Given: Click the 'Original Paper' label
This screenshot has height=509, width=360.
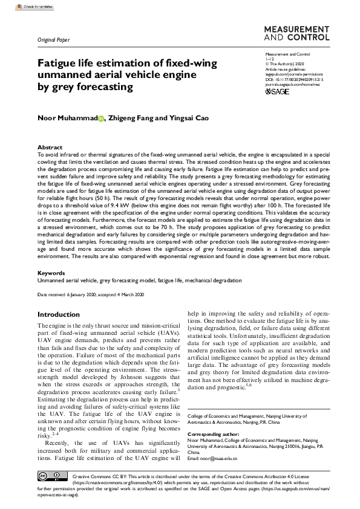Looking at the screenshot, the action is (x=54, y=41).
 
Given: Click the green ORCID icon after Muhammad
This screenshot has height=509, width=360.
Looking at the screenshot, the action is (x=101, y=118).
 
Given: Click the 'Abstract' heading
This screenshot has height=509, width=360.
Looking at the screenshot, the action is (x=50, y=147).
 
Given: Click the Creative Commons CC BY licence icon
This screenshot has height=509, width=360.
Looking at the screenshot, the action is (x=50, y=475).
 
